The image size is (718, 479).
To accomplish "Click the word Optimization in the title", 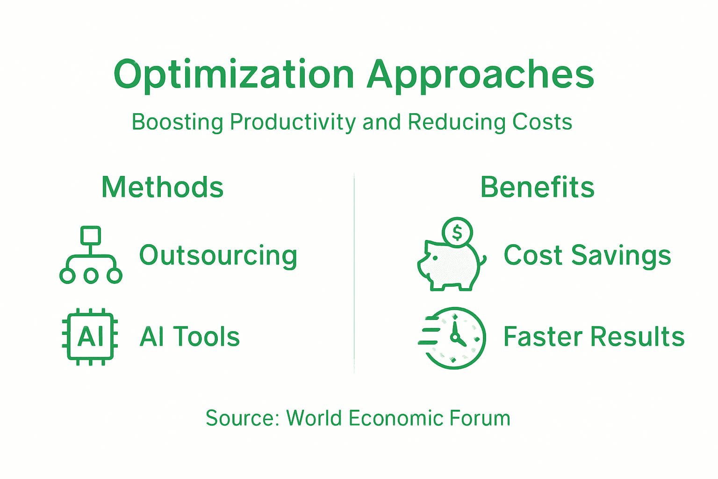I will click(x=234, y=75).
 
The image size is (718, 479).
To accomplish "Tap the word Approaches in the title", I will click(x=480, y=75).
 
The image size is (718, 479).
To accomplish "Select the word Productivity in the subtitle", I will click(x=293, y=123).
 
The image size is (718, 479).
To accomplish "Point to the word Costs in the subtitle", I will click(x=542, y=122).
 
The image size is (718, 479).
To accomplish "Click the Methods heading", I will click(x=162, y=187).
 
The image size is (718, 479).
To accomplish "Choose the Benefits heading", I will click(x=537, y=187).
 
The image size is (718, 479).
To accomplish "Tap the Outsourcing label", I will click(x=218, y=255).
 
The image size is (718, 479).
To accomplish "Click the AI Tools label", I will click(x=190, y=337).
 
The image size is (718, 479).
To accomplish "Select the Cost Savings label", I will click(x=587, y=255).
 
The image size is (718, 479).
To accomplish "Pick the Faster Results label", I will click(x=594, y=337).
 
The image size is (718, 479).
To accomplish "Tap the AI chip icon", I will click(x=90, y=337).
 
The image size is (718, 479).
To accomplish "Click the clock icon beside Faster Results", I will click(x=452, y=338).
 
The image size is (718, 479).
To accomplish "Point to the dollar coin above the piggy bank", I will click(x=457, y=232).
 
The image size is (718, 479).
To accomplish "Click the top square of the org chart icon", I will click(x=91, y=235).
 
